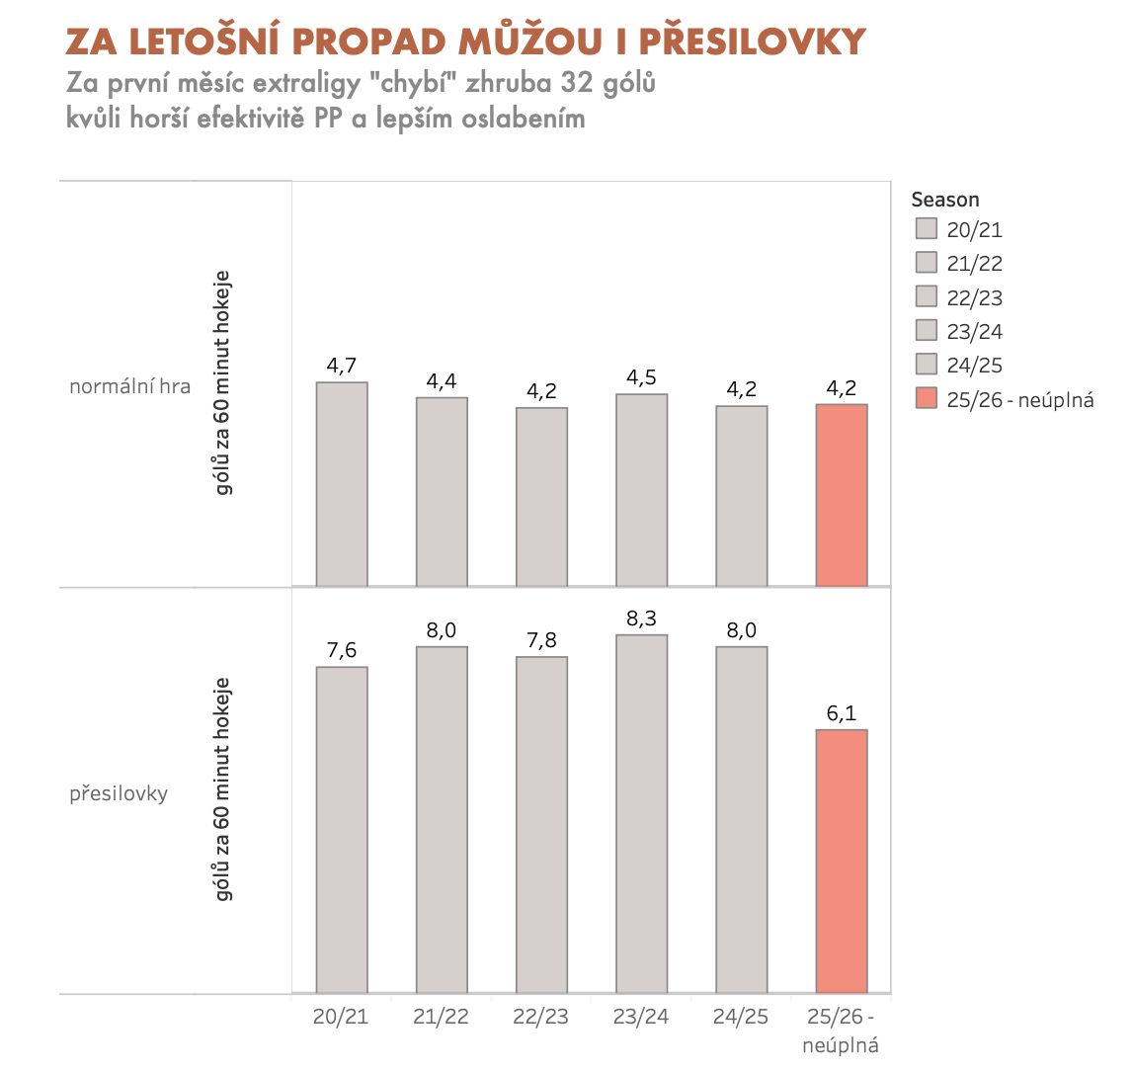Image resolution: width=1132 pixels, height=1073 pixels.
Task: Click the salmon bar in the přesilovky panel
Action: [842, 861]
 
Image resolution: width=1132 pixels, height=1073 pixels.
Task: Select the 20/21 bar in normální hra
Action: [342, 484]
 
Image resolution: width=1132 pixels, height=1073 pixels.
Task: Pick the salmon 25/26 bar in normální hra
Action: [842, 495]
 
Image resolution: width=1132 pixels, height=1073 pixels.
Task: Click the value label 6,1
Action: [842, 713]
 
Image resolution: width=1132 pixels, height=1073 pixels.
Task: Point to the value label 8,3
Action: [641, 619]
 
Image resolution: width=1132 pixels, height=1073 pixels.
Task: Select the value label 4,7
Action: [342, 367]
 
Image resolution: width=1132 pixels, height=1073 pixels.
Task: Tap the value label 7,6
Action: [342, 650]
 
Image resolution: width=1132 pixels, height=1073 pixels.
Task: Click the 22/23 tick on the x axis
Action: [541, 1017]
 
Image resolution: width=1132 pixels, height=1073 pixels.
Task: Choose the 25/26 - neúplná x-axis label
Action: [842, 1031]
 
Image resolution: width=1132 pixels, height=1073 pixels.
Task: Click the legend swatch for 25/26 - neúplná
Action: [926, 399]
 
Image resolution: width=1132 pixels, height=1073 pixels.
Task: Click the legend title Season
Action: [945, 200]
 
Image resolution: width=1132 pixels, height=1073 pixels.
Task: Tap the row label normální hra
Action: [129, 386]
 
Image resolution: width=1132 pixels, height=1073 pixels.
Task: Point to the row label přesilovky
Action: [119, 793]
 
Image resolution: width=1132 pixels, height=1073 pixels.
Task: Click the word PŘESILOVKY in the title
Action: [752, 41]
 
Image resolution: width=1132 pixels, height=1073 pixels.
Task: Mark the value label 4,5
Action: [641, 377]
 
